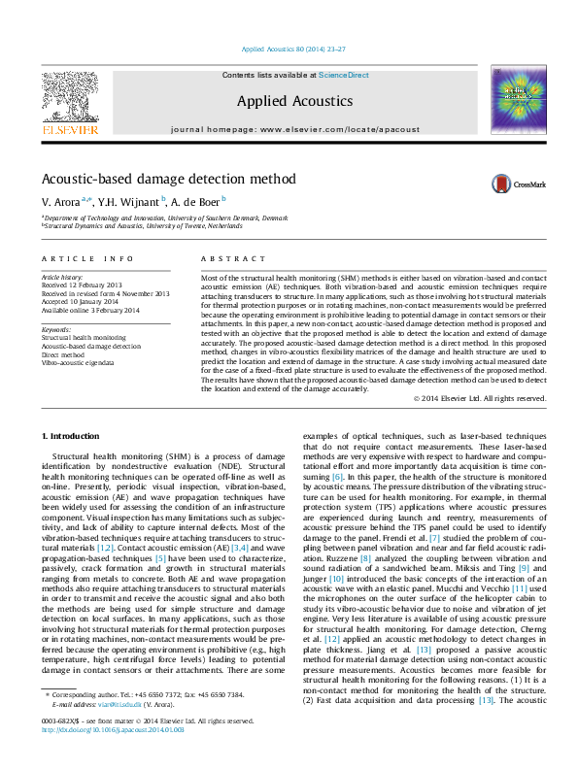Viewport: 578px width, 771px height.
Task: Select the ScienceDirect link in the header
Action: pos(344,75)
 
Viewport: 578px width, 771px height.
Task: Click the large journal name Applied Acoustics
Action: pos(294,101)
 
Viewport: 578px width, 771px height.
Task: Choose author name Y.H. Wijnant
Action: pos(127,201)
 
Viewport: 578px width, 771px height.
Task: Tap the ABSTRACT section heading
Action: pos(233,259)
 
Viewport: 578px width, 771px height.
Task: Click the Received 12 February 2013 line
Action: pos(87,285)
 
